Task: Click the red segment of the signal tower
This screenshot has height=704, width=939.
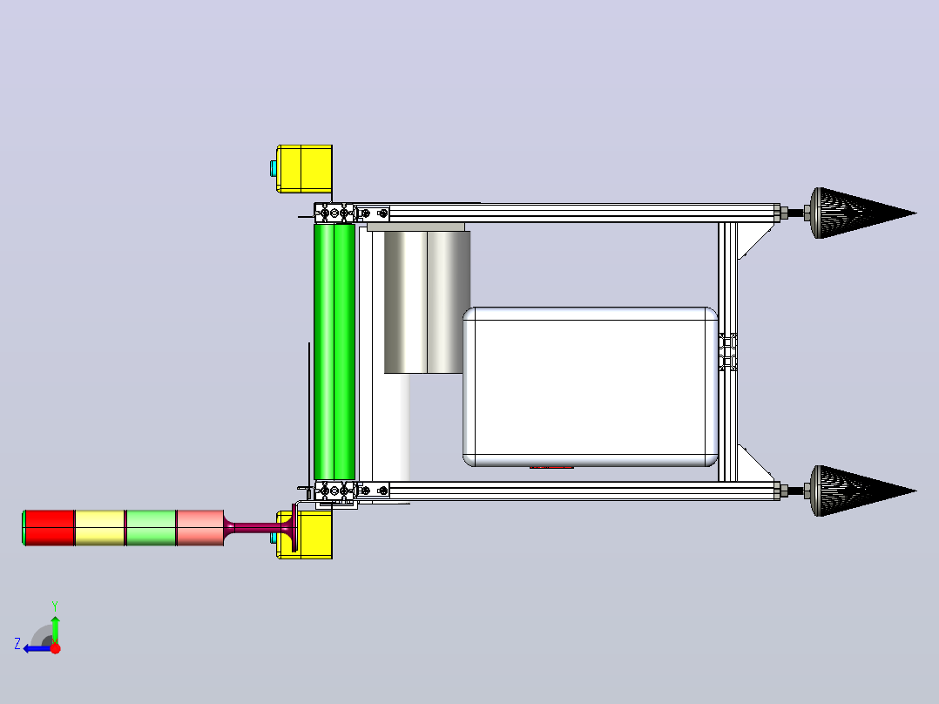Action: pos(49,528)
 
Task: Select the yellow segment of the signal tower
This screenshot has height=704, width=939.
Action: pos(100,528)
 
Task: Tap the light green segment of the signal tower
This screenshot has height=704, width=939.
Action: pos(151,528)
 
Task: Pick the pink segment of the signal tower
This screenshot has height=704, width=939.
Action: pos(200,528)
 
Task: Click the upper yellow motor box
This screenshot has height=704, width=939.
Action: pos(304,169)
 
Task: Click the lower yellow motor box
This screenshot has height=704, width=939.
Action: pos(307,535)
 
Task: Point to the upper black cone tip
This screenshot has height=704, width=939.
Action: pos(915,213)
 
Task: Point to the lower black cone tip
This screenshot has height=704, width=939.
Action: pos(915,491)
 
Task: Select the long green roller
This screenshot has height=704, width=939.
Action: pos(334,352)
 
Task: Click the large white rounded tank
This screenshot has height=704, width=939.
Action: pos(591,387)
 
